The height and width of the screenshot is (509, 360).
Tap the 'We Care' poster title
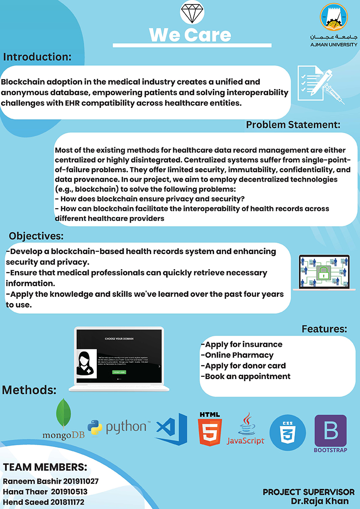coord(190,35)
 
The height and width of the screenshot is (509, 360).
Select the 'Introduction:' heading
coord(37,57)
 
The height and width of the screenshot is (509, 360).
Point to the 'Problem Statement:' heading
coord(293,125)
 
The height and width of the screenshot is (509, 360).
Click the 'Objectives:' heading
coord(36,236)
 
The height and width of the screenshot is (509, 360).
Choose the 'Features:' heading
coord(324,329)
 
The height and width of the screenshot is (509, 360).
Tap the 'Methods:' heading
coord(29,389)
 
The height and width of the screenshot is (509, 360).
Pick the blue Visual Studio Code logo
coord(171,429)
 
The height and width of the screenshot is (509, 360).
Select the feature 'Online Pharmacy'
coord(237,355)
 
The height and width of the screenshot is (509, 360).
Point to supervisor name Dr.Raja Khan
coord(319,501)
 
